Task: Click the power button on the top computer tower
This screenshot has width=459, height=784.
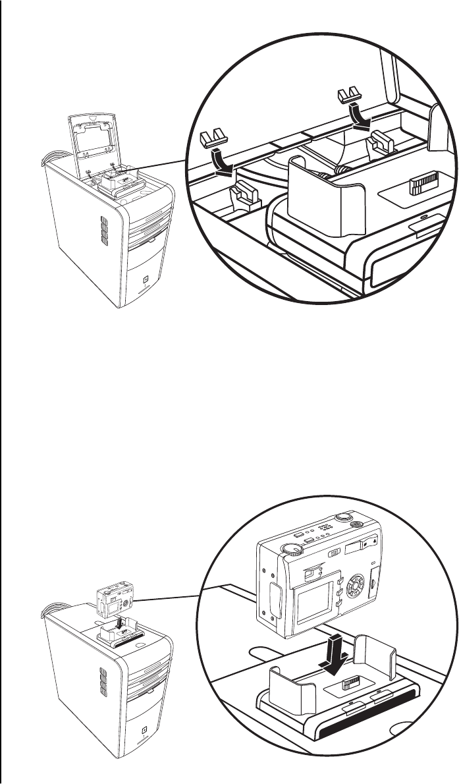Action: pyautogui.click(x=144, y=279)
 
